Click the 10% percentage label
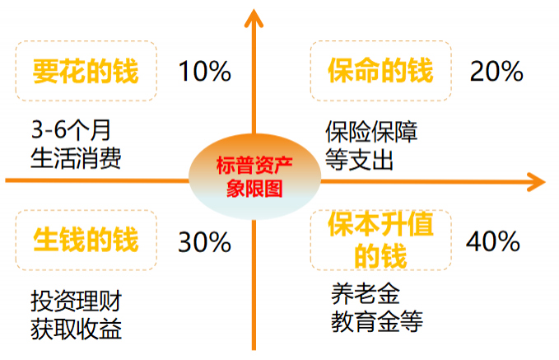205,71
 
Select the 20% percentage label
496,71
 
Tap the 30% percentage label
205,242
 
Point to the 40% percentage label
493,241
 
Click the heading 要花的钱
86,72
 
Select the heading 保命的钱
380,70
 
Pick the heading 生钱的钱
86,240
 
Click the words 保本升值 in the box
380,224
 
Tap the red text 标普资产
254,165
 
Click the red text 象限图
254,188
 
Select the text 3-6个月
71,130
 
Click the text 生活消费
76,158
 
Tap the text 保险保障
371,132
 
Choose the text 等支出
359,160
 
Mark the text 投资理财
77,301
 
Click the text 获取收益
77,329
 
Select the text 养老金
366,293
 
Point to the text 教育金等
377,321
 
